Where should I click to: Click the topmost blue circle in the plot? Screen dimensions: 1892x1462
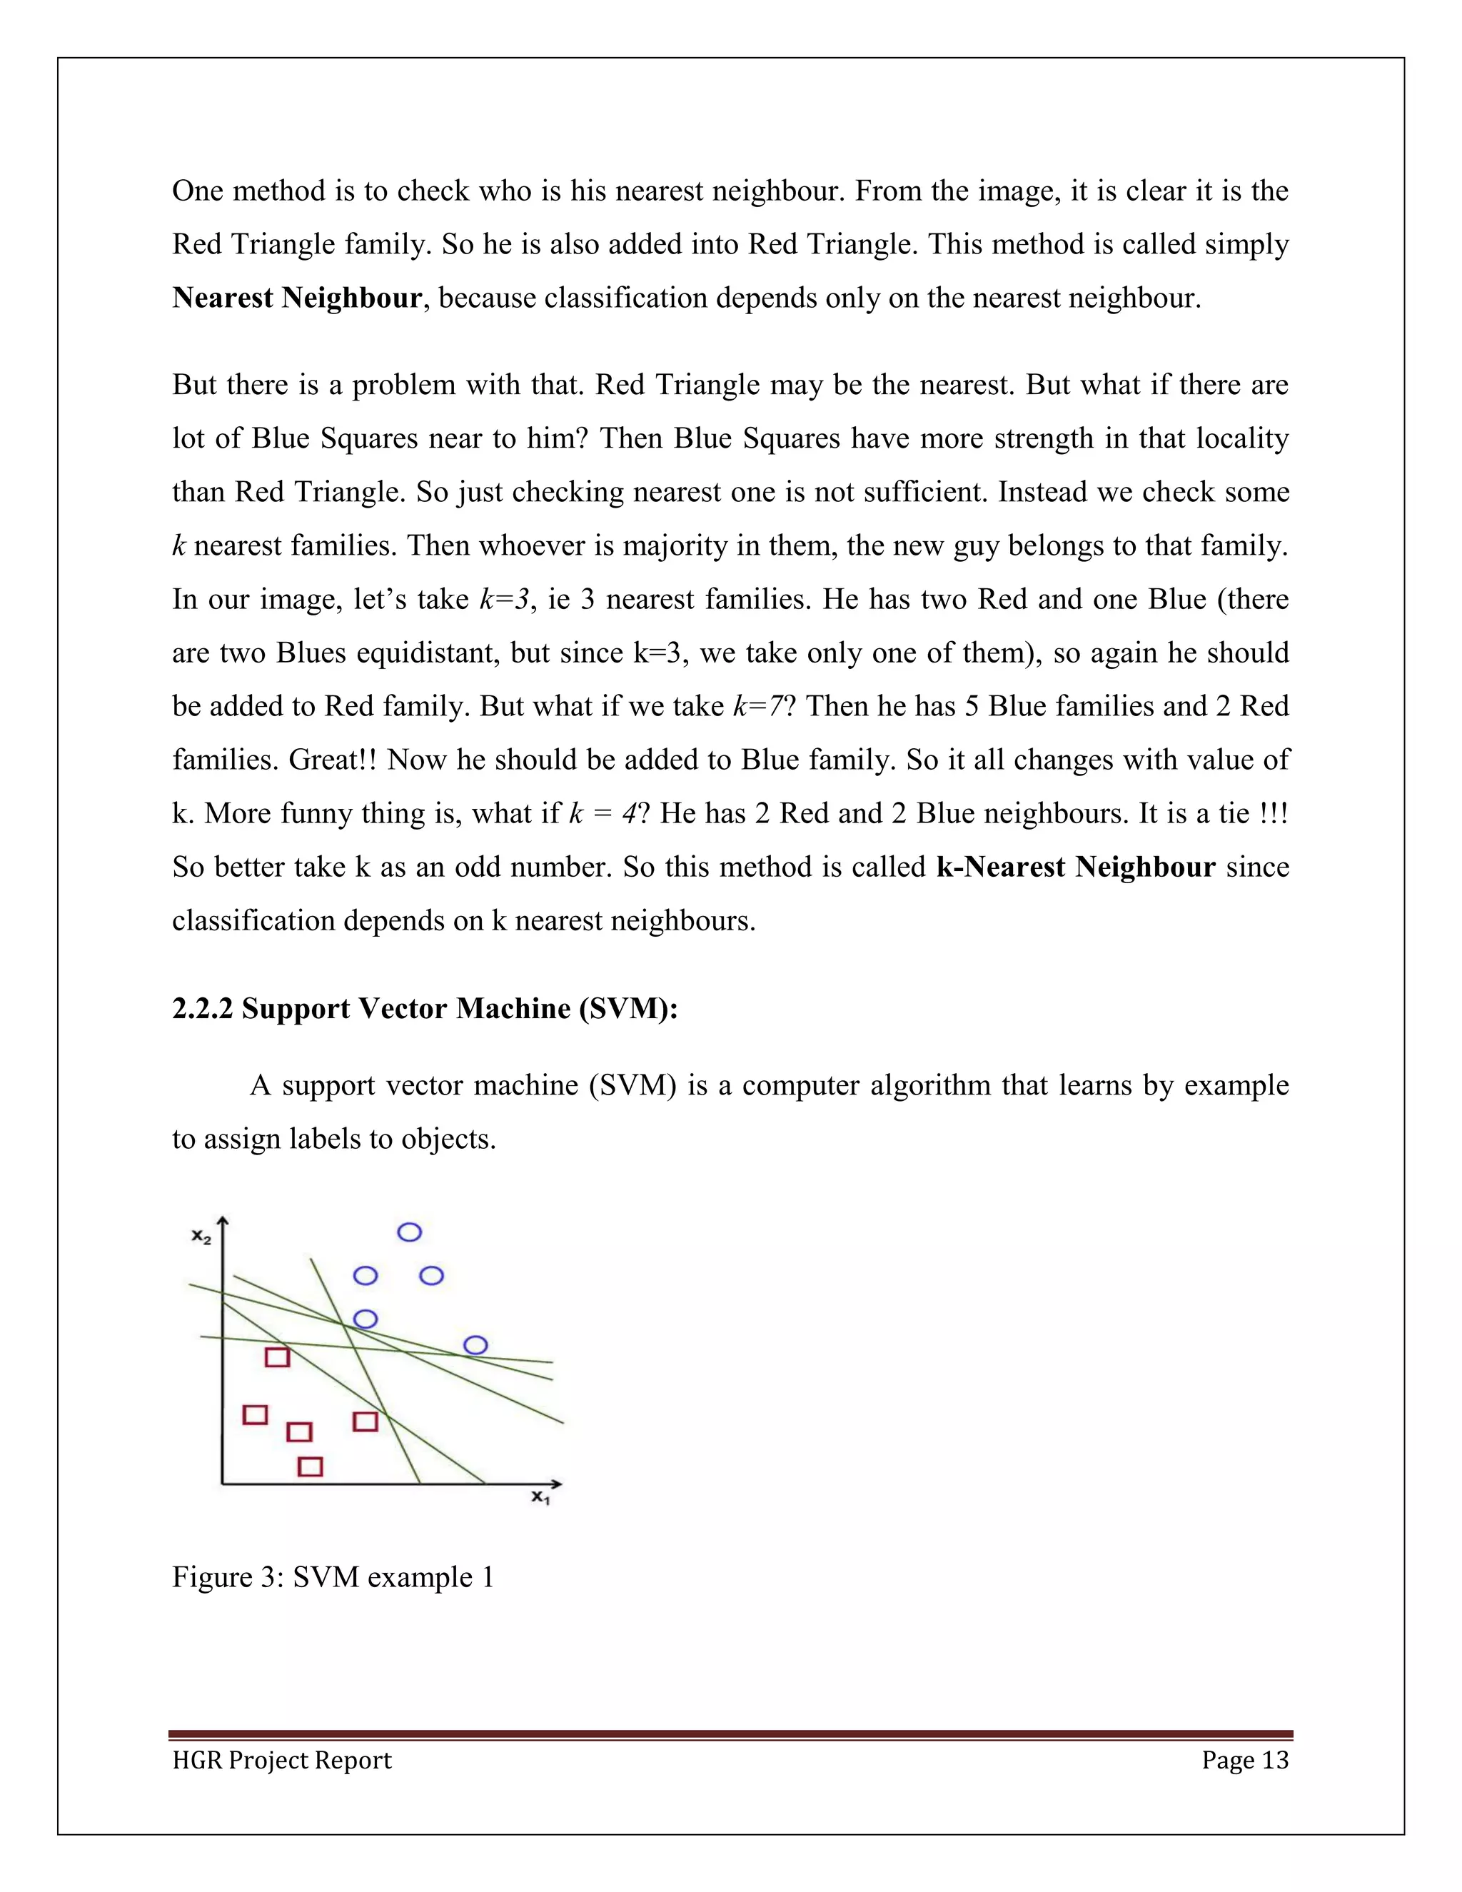(409, 1232)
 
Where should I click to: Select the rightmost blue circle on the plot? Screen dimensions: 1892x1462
(475, 1344)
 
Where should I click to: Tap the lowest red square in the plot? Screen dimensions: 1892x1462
(310, 1466)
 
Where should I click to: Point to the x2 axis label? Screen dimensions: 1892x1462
(201, 1237)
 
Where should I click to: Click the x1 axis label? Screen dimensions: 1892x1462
(541, 1497)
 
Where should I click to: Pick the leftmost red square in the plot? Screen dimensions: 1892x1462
(255, 1414)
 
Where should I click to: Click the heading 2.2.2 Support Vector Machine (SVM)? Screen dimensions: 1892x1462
(425, 1008)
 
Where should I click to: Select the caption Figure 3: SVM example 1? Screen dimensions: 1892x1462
(333, 1576)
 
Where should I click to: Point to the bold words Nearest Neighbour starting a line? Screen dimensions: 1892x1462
(297, 298)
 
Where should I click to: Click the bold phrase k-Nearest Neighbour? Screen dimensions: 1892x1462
(1076, 867)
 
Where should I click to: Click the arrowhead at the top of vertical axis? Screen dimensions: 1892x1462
(223, 1222)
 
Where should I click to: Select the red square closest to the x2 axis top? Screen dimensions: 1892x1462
(277, 1357)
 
